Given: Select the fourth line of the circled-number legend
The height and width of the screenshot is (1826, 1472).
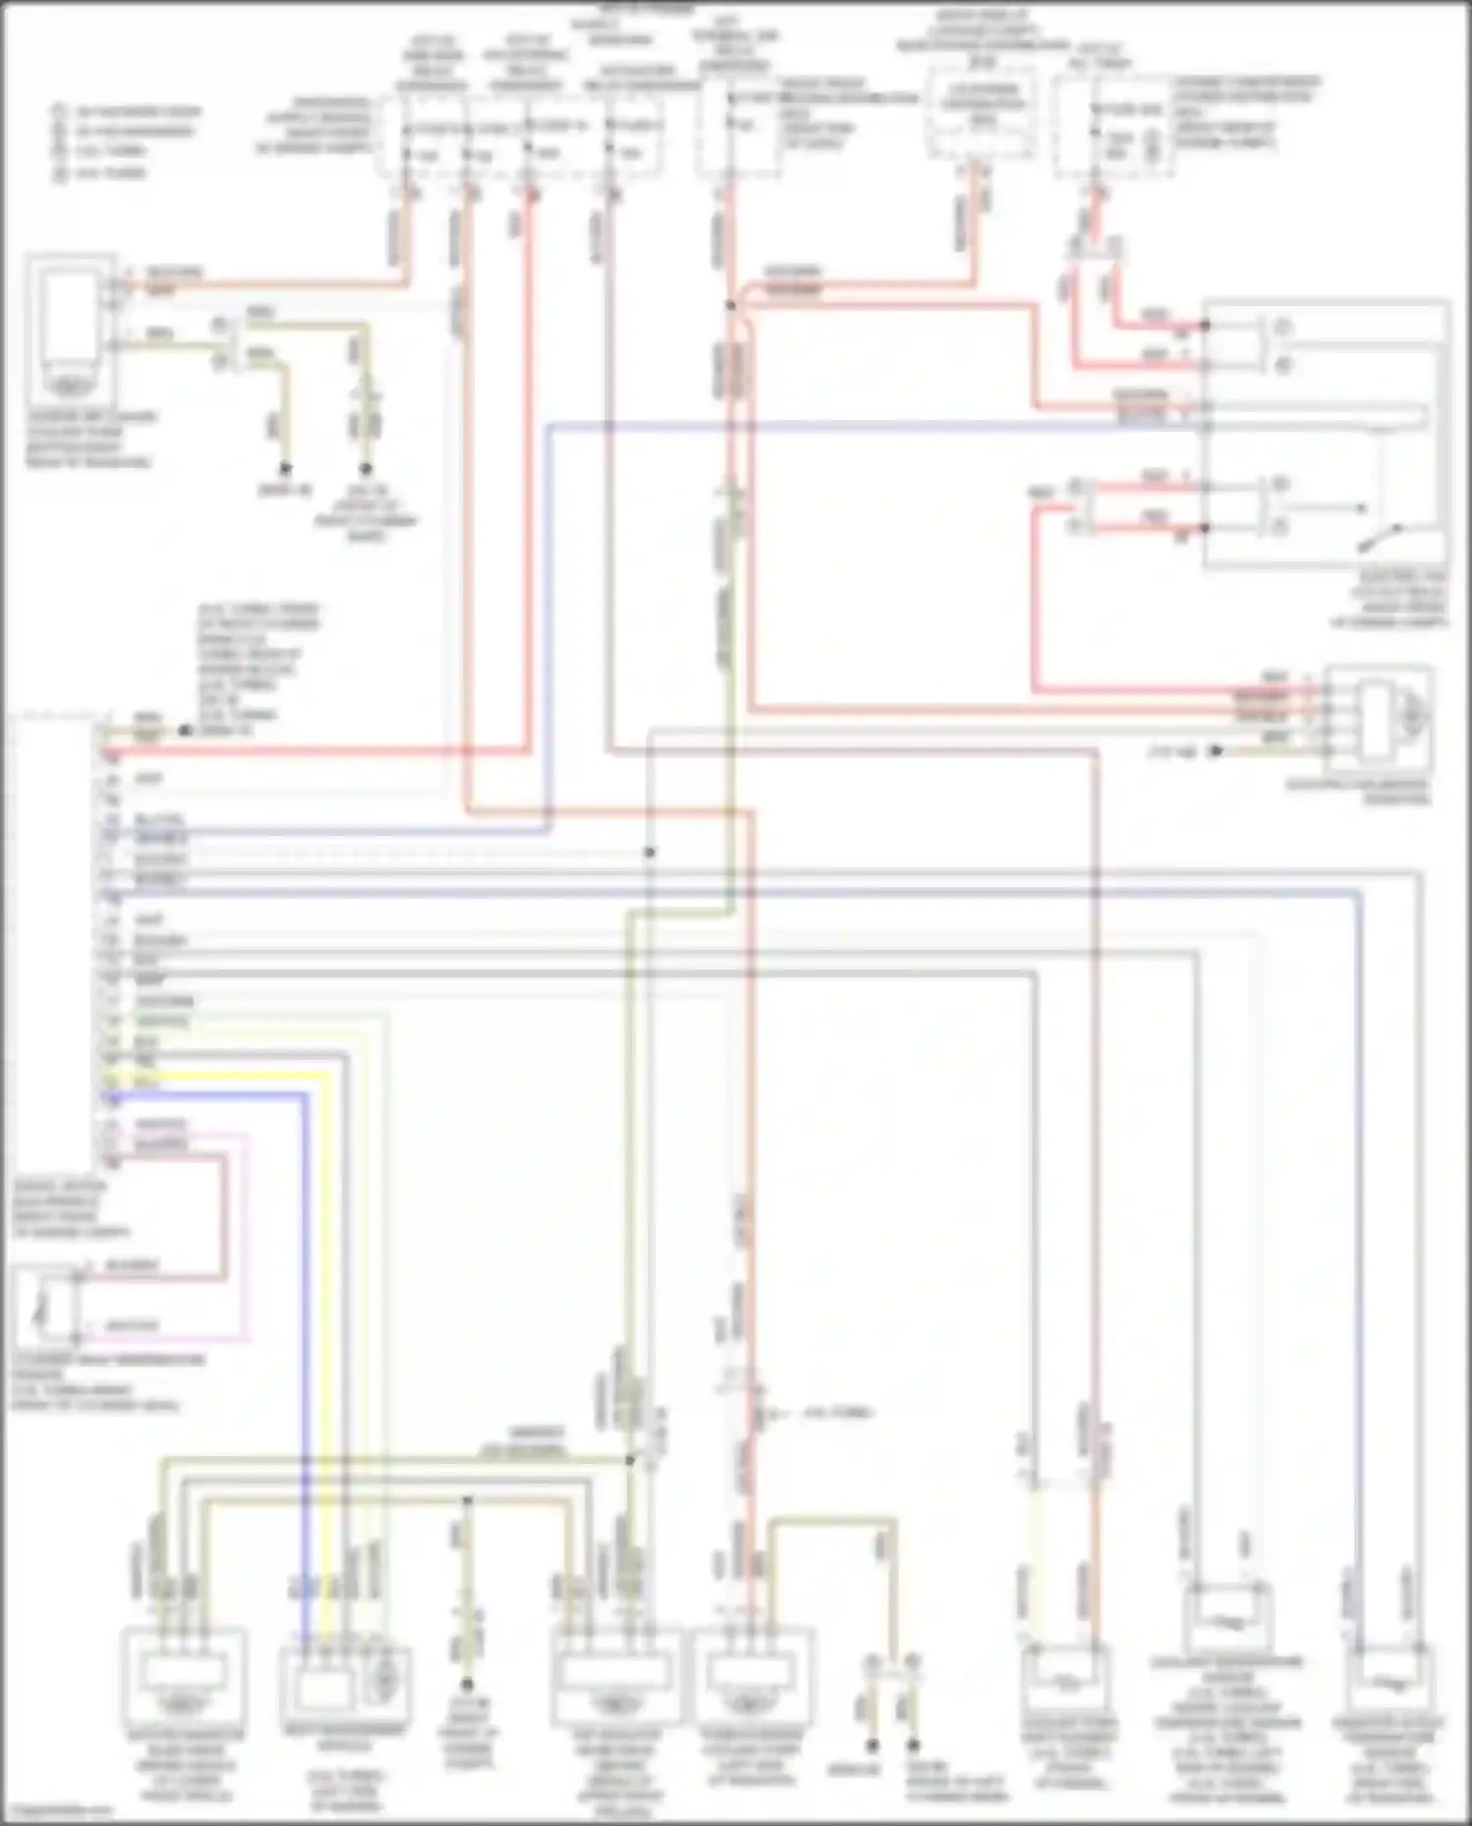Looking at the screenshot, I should (103, 174).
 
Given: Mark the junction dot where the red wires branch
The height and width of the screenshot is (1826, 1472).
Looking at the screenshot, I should (730, 306).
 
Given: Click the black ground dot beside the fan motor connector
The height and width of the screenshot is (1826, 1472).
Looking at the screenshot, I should (1215, 751).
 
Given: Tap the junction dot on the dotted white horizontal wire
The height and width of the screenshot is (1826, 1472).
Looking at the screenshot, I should (649, 852).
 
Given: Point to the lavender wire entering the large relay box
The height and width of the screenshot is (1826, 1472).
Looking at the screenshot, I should (883, 425).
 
